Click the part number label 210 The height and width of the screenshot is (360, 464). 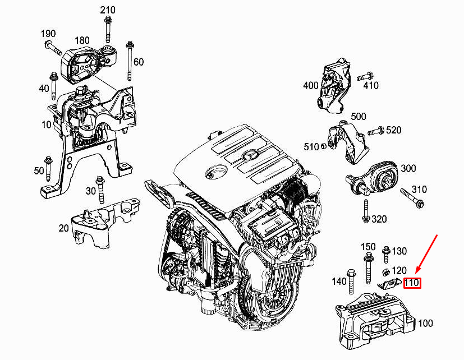click(x=107, y=10)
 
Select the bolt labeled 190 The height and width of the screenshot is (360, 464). click(x=53, y=47)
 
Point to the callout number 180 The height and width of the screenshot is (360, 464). click(x=82, y=40)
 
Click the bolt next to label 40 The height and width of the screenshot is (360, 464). click(x=54, y=84)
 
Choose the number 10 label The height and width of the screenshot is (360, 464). click(x=47, y=124)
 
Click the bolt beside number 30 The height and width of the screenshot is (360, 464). click(x=100, y=190)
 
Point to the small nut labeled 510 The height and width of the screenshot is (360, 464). click(x=324, y=146)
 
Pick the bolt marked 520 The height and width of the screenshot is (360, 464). click(x=375, y=131)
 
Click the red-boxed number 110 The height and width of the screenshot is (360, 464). click(x=412, y=283)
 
